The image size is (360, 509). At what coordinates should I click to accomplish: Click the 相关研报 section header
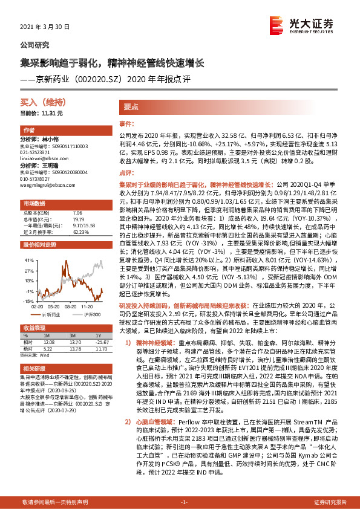click(34, 368)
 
